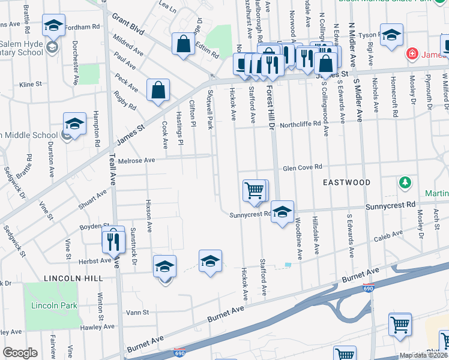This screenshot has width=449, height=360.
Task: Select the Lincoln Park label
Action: [x=55, y=305]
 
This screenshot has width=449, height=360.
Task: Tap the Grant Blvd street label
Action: [x=128, y=24]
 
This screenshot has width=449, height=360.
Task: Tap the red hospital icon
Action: [x=412, y=54]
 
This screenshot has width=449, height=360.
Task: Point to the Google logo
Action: [x=20, y=353]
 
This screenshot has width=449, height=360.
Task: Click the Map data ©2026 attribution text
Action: [x=423, y=355]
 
